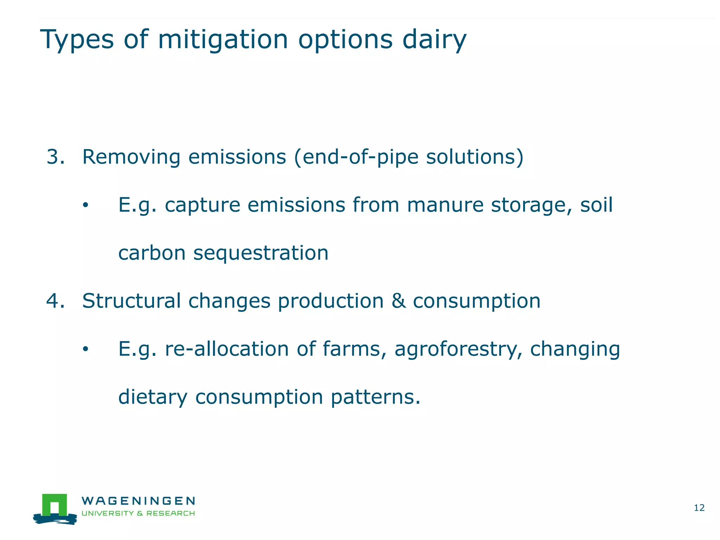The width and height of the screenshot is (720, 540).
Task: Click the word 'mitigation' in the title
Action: click(x=223, y=39)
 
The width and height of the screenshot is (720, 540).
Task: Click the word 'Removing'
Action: click(x=131, y=157)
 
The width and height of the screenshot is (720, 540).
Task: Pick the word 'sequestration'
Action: click(x=261, y=253)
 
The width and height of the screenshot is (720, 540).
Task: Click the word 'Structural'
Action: click(x=131, y=301)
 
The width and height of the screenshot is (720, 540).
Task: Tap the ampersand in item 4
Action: click(x=398, y=301)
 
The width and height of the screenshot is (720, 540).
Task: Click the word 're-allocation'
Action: click(x=227, y=349)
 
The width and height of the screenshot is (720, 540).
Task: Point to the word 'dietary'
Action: click(x=153, y=397)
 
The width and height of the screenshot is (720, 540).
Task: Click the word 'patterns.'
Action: click(x=375, y=397)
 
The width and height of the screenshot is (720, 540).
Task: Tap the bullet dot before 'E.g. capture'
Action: click(x=85, y=205)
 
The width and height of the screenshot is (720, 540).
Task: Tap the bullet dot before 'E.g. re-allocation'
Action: click(x=85, y=349)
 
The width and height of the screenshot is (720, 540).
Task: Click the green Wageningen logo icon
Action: click(x=55, y=508)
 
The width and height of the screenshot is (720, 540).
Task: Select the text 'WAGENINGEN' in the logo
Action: click(x=138, y=501)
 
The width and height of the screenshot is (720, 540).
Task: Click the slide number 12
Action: click(x=699, y=508)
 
